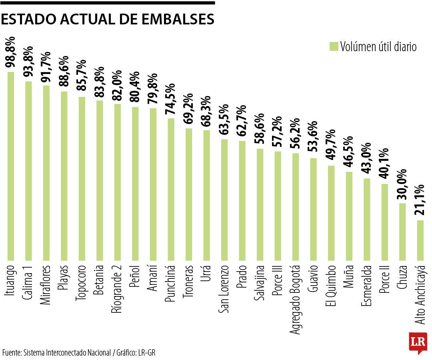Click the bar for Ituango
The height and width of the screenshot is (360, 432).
pyautogui.click(x=11, y=166)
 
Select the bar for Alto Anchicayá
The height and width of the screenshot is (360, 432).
pyautogui.click(x=420, y=240)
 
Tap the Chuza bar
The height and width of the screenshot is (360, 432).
pyautogui.click(x=402, y=232)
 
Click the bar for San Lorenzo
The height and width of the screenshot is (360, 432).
pyautogui.click(x=224, y=200)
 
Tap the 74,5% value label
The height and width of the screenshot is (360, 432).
pyautogui.click(x=171, y=100)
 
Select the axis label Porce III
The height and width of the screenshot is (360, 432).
pyautogui.click(x=278, y=280)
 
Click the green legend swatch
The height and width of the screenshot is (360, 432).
pyautogui.click(x=334, y=46)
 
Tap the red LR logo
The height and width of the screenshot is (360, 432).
pyautogui.click(x=418, y=342)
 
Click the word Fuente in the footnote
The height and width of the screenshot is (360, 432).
pyautogui.click(x=12, y=353)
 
